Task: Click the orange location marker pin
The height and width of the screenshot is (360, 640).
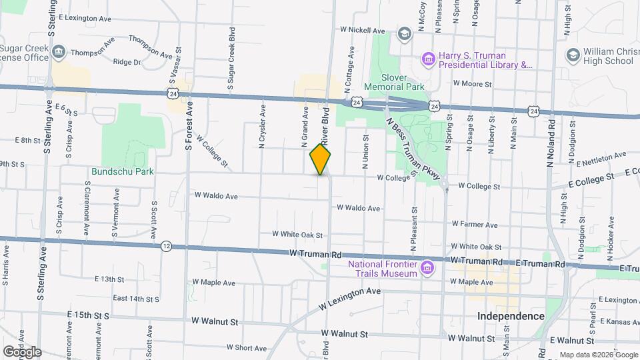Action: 321,159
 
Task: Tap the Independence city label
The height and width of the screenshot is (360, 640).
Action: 511,315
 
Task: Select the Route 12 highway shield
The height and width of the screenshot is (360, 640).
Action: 166,247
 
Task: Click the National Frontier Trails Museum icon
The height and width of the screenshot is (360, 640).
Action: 428,268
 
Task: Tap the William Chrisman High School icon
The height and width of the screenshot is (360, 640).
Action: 572,55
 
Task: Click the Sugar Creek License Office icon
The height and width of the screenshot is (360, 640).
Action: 58,51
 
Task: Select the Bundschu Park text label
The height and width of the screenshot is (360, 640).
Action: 123,171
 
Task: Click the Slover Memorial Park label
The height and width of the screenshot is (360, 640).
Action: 394,81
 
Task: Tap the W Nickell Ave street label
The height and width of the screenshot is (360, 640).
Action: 363,30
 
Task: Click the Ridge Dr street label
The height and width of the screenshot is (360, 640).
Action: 127,62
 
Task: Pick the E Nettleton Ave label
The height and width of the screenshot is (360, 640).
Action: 602,159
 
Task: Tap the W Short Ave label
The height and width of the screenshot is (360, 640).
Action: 247,347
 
